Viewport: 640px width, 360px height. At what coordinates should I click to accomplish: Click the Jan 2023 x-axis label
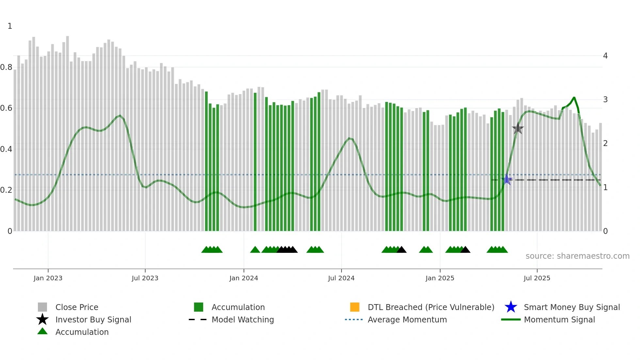pyautogui.click(x=48, y=278)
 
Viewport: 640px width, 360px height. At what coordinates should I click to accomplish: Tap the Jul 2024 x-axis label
pyautogui.click(x=341, y=278)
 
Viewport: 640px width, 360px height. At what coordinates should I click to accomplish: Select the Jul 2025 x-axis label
pyautogui.click(x=536, y=278)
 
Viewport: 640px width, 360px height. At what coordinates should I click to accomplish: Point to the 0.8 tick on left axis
pyautogui.click(x=6, y=67)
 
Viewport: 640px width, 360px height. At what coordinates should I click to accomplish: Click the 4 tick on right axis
pyautogui.click(x=605, y=56)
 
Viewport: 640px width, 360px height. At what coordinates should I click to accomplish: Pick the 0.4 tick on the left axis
pyautogui.click(x=6, y=149)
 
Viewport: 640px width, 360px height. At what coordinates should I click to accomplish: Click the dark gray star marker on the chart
pyautogui.click(x=518, y=129)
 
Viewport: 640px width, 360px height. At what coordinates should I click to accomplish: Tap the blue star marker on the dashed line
pyautogui.click(x=507, y=179)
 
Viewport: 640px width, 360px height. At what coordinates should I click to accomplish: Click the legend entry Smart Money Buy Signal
pyautogui.click(x=571, y=307)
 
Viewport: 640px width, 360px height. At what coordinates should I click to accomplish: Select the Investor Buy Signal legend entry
pyautogui.click(x=93, y=319)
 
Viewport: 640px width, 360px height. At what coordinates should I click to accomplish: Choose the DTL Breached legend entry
pyautogui.click(x=431, y=307)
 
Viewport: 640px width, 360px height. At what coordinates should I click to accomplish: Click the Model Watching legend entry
pyautogui.click(x=242, y=319)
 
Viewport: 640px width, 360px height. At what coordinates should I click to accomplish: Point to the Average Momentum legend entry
pyautogui.click(x=407, y=319)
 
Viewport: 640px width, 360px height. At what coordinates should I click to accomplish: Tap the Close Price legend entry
pyautogui.click(x=76, y=307)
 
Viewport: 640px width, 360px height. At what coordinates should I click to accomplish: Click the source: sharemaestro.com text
pyautogui.click(x=577, y=256)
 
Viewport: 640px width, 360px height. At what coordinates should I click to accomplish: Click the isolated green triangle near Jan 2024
pyautogui.click(x=255, y=250)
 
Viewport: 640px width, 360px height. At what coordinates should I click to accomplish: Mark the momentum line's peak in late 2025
pyautogui.click(x=574, y=97)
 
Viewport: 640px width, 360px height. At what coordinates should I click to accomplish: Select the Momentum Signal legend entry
pyautogui.click(x=559, y=319)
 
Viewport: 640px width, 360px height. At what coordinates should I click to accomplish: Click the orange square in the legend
pyautogui.click(x=355, y=307)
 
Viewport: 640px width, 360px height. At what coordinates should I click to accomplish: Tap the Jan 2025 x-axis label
pyautogui.click(x=440, y=278)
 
